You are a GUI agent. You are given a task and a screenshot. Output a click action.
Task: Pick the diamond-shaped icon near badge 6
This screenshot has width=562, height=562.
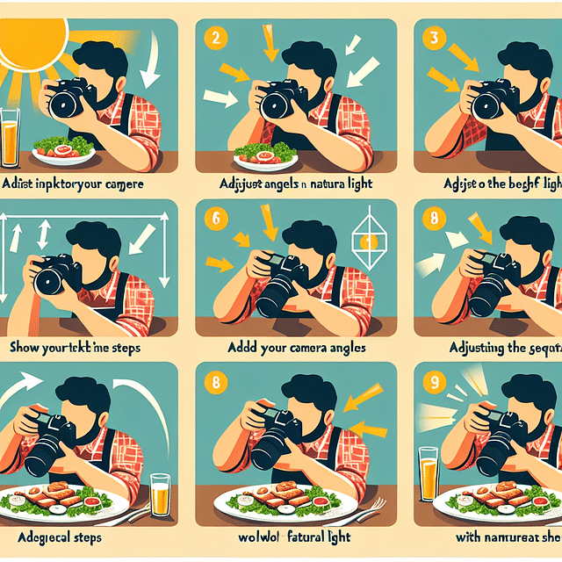tap(370, 240)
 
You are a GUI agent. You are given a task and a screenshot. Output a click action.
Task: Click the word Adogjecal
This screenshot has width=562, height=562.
tap(37, 537)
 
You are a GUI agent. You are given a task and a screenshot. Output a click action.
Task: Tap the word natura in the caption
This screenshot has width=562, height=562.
tap(329, 185)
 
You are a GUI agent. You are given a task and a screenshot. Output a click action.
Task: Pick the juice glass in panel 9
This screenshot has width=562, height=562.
tap(429, 475)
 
